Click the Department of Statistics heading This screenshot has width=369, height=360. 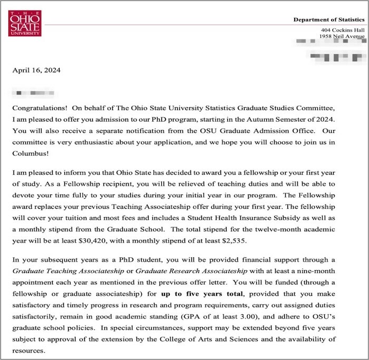tap(329, 20)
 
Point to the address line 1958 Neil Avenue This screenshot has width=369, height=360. tap(342, 36)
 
